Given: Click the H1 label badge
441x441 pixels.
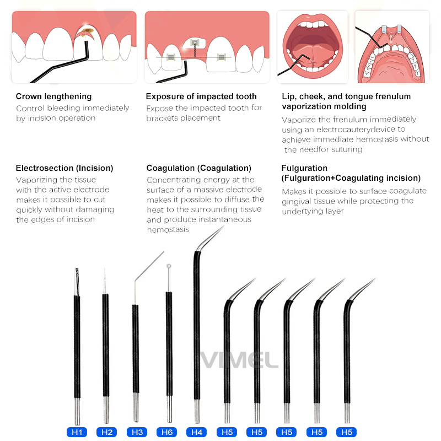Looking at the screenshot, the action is click(x=77, y=432).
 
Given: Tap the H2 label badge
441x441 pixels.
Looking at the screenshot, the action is click(x=107, y=432).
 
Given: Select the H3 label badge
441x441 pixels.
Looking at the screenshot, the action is click(x=137, y=432).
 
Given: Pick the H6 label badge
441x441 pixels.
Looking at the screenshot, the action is click(x=167, y=432).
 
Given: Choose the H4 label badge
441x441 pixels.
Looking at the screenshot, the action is click(x=197, y=432).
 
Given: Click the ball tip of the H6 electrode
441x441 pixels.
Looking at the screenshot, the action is click(x=169, y=266).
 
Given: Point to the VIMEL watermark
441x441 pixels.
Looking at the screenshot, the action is click(x=239, y=360).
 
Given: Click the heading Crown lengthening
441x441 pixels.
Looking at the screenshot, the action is click(x=53, y=96).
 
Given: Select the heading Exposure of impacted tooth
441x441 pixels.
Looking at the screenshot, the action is click(x=201, y=96).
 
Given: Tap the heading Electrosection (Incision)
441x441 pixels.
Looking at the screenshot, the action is click(x=64, y=168).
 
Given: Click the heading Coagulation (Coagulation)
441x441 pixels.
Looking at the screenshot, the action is click(x=199, y=168).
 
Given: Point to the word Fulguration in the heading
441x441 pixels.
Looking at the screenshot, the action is click(x=304, y=168).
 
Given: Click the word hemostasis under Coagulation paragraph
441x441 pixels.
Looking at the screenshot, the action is click(x=168, y=229).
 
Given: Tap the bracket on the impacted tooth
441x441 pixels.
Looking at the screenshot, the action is click(x=195, y=43).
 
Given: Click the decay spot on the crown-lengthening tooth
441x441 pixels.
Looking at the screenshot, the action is click(x=88, y=30).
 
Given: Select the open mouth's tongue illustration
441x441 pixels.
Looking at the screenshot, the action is click(x=313, y=53).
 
